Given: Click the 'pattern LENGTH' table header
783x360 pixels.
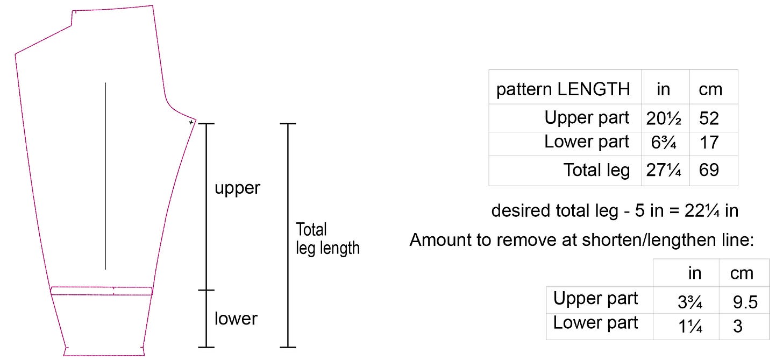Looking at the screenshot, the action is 563,89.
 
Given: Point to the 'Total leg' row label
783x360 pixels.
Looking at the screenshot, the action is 596,170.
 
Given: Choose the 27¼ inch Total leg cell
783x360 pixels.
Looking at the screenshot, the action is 664,171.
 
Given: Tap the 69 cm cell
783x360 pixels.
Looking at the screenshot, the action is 709,171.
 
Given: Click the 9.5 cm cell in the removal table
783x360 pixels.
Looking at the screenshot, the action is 745,302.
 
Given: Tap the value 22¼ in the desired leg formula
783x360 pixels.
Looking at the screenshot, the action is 702,211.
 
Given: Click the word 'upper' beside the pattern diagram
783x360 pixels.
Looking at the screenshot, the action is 237,188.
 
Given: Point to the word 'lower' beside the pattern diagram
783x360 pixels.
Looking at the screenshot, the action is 236,319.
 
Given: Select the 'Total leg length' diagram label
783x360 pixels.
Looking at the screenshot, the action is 328,239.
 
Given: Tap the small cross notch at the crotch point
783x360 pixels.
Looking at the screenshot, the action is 191,123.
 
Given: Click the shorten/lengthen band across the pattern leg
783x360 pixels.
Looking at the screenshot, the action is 102,291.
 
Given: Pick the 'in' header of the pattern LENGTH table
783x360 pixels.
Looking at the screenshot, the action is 664,89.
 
